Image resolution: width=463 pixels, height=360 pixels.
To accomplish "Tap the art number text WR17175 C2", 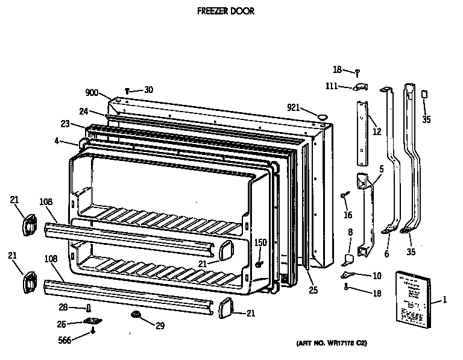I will click(331, 343).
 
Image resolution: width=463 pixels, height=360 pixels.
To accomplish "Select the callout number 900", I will click(92, 92).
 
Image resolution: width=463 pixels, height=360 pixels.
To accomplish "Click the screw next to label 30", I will click(128, 90).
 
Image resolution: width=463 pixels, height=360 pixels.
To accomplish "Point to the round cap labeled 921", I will click(323, 113).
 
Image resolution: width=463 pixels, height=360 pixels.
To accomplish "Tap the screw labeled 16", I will click(344, 195).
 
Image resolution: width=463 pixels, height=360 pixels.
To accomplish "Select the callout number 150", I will click(260, 242).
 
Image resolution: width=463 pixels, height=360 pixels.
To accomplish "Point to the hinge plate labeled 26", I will click(92, 321).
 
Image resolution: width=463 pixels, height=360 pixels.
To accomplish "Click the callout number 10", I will click(377, 276).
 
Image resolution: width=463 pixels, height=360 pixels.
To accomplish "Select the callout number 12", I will click(377, 132).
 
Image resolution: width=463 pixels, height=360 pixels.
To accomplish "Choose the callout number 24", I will click(84, 111).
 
